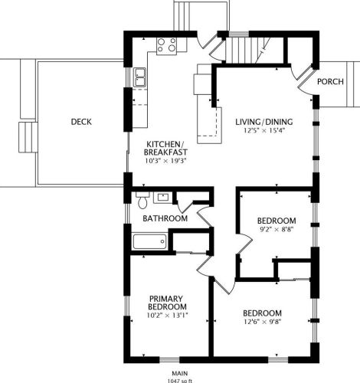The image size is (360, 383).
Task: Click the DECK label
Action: coord(81,122)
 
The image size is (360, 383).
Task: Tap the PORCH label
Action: coord(330,82)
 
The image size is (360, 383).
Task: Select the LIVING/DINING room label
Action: coord(264,122)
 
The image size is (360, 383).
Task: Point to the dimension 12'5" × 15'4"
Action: coord(264,130)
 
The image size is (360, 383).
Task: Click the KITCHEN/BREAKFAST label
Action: coord(165,148)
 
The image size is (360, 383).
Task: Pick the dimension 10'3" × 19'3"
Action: coord(165,161)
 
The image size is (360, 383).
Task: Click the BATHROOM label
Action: coord(165,218)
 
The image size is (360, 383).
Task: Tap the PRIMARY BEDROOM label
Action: coord(167,303)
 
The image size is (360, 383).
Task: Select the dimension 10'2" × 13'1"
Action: coord(167,316)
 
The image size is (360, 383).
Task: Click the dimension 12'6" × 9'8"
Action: coord(263,322)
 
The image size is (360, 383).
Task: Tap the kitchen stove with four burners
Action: coord(166,46)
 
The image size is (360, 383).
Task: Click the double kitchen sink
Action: coord(139,77)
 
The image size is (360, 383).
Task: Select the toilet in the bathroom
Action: coord(142,201)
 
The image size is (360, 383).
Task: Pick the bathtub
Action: coord(149,241)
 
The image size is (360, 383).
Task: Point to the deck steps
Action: coord(28,137)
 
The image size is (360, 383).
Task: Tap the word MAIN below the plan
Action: coord(179,374)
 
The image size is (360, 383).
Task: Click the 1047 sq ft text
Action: coord(179,381)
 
